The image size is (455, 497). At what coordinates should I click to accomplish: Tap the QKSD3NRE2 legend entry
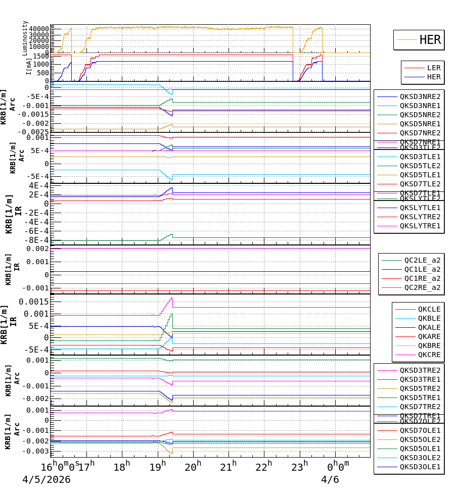click(420, 96)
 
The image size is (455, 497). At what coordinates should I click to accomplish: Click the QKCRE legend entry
click(429, 355)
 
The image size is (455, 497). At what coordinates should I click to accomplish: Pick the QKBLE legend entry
click(429, 318)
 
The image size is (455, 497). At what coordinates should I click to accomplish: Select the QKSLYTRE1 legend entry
click(420, 226)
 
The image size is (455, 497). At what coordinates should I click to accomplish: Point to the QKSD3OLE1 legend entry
click(420, 467)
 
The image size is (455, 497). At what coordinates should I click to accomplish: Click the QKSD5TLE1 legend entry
click(420, 175)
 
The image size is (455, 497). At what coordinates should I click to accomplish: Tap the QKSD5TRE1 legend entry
click(420, 397)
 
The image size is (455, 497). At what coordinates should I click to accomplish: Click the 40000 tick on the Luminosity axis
click(39, 29)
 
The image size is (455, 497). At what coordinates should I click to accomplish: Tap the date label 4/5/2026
click(47, 479)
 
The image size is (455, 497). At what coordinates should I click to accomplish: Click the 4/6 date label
click(330, 479)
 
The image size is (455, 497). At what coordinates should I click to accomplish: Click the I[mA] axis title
click(29, 66)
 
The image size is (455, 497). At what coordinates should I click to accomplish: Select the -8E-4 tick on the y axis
click(37, 240)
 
